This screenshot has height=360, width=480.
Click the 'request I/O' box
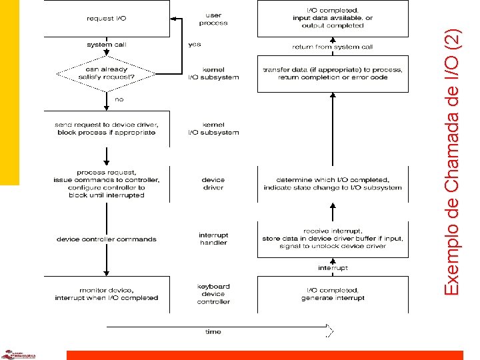[x=106, y=19]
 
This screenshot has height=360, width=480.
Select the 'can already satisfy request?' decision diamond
[x=106, y=72]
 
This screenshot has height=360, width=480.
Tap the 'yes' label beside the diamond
[x=195, y=45]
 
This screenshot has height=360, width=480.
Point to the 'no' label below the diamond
[x=119, y=99]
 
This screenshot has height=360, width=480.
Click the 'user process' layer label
[x=213, y=19]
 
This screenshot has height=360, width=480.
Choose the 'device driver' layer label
[x=213, y=184]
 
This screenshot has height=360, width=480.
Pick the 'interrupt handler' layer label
[x=213, y=239]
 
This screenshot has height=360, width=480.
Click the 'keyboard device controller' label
[x=213, y=294]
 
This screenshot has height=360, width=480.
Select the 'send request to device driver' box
[x=106, y=128]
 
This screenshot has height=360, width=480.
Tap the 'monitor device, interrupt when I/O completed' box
[x=106, y=294]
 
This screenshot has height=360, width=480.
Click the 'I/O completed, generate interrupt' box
[x=333, y=294]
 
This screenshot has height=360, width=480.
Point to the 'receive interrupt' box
[x=333, y=239]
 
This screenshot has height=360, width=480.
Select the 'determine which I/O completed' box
[x=333, y=183]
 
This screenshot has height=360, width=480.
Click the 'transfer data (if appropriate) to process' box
[x=333, y=73]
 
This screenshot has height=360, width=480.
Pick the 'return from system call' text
[x=333, y=47]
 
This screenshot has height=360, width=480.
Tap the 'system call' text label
[x=106, y=45]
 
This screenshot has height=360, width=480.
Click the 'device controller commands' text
[x=106, y=239]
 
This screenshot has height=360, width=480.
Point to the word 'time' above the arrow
[x=213, y=331]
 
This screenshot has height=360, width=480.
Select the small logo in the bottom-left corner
[x=19, y=355]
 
